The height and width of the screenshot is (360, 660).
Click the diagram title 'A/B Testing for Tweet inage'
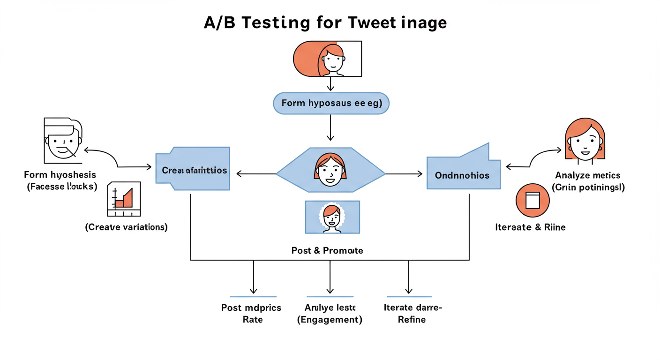pos(325,23)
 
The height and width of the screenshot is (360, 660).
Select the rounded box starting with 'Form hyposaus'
pos(330,103)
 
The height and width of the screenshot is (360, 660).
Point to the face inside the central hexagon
pos(330,169)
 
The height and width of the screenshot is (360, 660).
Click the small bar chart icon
pos(124,199)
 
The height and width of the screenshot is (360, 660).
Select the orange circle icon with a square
pos(532,201)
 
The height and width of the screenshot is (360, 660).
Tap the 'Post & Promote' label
pos(327,251)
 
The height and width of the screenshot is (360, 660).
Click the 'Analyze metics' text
pos(587,175)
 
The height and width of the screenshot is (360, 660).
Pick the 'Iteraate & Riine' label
pos(530,227)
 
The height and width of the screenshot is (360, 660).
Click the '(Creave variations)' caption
pos(126,227)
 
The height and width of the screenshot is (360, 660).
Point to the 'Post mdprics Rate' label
pos(251,314)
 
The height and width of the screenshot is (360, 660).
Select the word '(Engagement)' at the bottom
pos(330,320)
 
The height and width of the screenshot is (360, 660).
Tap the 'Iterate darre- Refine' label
pos(412,314)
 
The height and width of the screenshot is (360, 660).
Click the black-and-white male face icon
pos(62,139)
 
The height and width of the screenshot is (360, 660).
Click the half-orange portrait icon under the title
pos(327,59)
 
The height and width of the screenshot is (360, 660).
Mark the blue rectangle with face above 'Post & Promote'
pos(332,217)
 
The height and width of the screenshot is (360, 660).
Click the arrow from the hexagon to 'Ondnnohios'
pos(404,174)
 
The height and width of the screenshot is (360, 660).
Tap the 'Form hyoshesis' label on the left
pos(60,175)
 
